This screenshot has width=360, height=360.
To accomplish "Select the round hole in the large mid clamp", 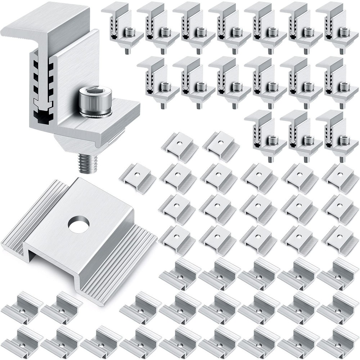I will [78, 225].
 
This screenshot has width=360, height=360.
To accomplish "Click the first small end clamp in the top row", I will [121, 27].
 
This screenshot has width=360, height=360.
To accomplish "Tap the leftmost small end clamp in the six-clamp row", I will [157, 81].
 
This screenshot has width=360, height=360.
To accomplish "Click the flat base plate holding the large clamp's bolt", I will [115, 115].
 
